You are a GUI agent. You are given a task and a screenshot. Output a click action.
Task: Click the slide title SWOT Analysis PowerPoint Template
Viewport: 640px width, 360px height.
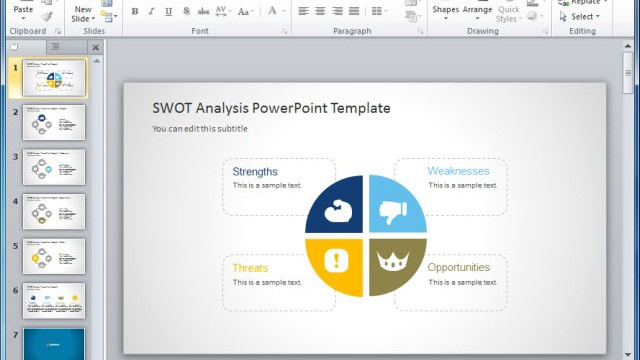pyautogui.click(x=271, y=108)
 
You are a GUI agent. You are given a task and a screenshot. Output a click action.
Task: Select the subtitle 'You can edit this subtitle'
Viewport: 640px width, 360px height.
pyautogui.click(x=200, y=129)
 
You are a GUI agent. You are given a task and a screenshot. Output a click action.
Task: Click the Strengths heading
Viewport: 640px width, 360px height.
pyautogui.click(x=255, y=171)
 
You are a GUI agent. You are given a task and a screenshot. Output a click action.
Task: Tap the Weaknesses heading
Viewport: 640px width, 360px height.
pyautogui.click(x=458, y=171)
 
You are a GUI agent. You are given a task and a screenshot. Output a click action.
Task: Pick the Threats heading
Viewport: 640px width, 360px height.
pyautogui.click(x=250, y=268)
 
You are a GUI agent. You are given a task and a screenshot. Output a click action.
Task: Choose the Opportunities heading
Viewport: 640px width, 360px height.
pyautogui.click(x=458, y=268)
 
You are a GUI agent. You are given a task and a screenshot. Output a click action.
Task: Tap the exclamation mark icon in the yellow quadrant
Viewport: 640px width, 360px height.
pyautogui.click(x=338, y=261)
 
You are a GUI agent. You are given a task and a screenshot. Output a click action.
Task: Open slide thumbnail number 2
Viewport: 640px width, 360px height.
pyautogui.click(x=53, y=123)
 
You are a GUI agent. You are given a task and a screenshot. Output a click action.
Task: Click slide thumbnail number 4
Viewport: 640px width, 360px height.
pyautogui.click(x=53, y=211)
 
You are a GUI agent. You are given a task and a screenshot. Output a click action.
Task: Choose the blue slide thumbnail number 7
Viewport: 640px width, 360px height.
pyautogui.click(x=53, y=343)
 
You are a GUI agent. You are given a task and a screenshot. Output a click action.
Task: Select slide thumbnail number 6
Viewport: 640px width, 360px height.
pyautogui.click(x=53, y=300)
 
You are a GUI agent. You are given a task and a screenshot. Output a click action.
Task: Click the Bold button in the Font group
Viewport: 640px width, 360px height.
pyautogui.click(x=135, y=12)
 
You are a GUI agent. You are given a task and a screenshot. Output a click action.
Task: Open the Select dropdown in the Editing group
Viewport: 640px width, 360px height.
pyautogui.click(x=586, y=16)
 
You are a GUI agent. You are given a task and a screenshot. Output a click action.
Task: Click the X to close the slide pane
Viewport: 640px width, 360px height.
pyautogui.click(x=96, y=47)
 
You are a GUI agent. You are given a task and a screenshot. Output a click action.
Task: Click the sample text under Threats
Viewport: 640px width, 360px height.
pyautogui.click(x=267, y=282)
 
